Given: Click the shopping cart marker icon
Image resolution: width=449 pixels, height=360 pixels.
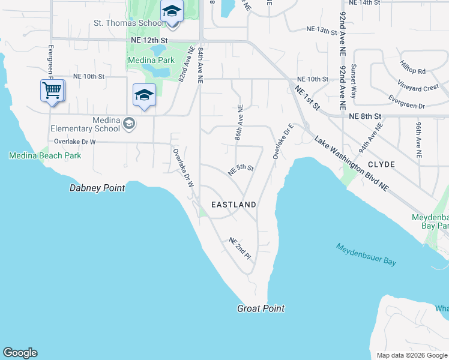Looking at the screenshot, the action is pyautogui.click(x=52, y=91).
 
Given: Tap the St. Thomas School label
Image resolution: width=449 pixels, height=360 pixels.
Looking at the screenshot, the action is pyautogui.click(x=128, y=23).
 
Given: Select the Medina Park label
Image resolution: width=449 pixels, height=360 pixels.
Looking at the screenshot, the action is pyautogui.click(x=150, y=60).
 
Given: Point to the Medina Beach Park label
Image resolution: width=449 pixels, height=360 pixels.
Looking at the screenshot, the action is pyautogui.click(x=45, y=155).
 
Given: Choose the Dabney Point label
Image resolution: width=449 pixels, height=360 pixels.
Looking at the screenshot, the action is pyautogui.click(x=97, y=188).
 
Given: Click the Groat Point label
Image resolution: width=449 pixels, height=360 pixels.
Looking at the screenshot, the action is pyautogui.click(x=261, y=308).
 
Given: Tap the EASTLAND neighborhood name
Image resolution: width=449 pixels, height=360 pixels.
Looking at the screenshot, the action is pyautogui.click(x=234, y=205).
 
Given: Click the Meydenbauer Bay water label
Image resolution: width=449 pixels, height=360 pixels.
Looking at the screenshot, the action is pyautogui.click(x=366, y=255).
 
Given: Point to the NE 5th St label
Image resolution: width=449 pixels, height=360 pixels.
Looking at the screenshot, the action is pyautogui.click(x=241, y=170).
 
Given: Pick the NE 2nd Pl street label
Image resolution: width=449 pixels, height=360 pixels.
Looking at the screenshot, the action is pyautogui.click(x=239, y=248).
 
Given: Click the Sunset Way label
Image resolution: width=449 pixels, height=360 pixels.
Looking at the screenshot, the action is pyautogui.click(x=354, y=81).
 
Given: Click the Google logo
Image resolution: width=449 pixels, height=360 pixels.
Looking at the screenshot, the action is pyautogui.click(x=20, y=353).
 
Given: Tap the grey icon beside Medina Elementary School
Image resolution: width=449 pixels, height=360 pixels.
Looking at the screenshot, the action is pyautogui.click(x=128, y=124).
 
